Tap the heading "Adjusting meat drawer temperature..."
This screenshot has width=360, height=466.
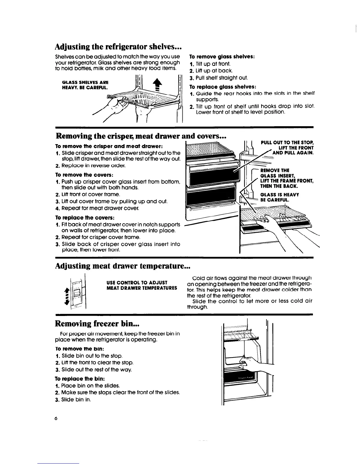click(x=123, y=266)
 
